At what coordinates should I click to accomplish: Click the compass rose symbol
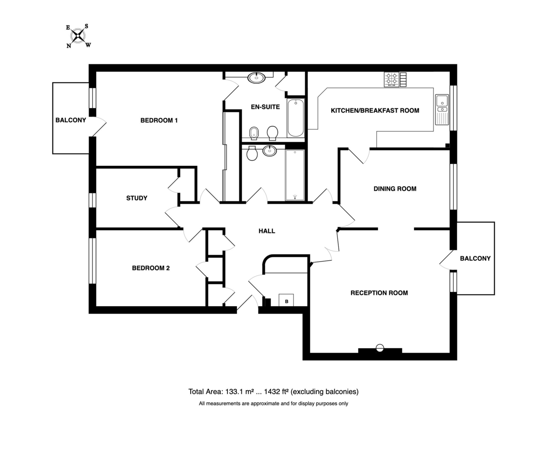click(x=78, y=36)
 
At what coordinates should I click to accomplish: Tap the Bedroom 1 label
click(x=159, y=120)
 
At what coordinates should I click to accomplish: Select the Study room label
click(x=137, y=198)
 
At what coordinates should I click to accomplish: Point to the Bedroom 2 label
click(x=151, y=268)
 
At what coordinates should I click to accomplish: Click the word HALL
click(x=267, y=231)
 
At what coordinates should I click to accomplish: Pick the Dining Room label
click(x=395, y=189)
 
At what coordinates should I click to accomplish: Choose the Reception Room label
click(x=379, y=293)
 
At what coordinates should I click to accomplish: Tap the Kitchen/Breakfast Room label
click(x=375, y=111)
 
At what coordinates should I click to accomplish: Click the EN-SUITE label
click(x=265, y=107)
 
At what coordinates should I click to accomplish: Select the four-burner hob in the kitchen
click(x=392, y=79)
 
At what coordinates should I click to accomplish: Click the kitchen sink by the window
click(x=442, y=109)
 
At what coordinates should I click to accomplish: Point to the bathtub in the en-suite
click(x=296, y=118)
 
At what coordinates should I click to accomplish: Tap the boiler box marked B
click(x=286, y=300)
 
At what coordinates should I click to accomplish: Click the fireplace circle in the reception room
click(x=380, y=348)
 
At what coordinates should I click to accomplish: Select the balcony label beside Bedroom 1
click(x=71, y=120)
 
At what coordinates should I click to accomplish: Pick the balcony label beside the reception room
click(x=475, y=258)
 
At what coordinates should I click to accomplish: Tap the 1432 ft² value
click(x=276, y=392)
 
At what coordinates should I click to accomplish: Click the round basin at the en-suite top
click(x=257, y=78)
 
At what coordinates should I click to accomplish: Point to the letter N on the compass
click(x=69, y=46)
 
